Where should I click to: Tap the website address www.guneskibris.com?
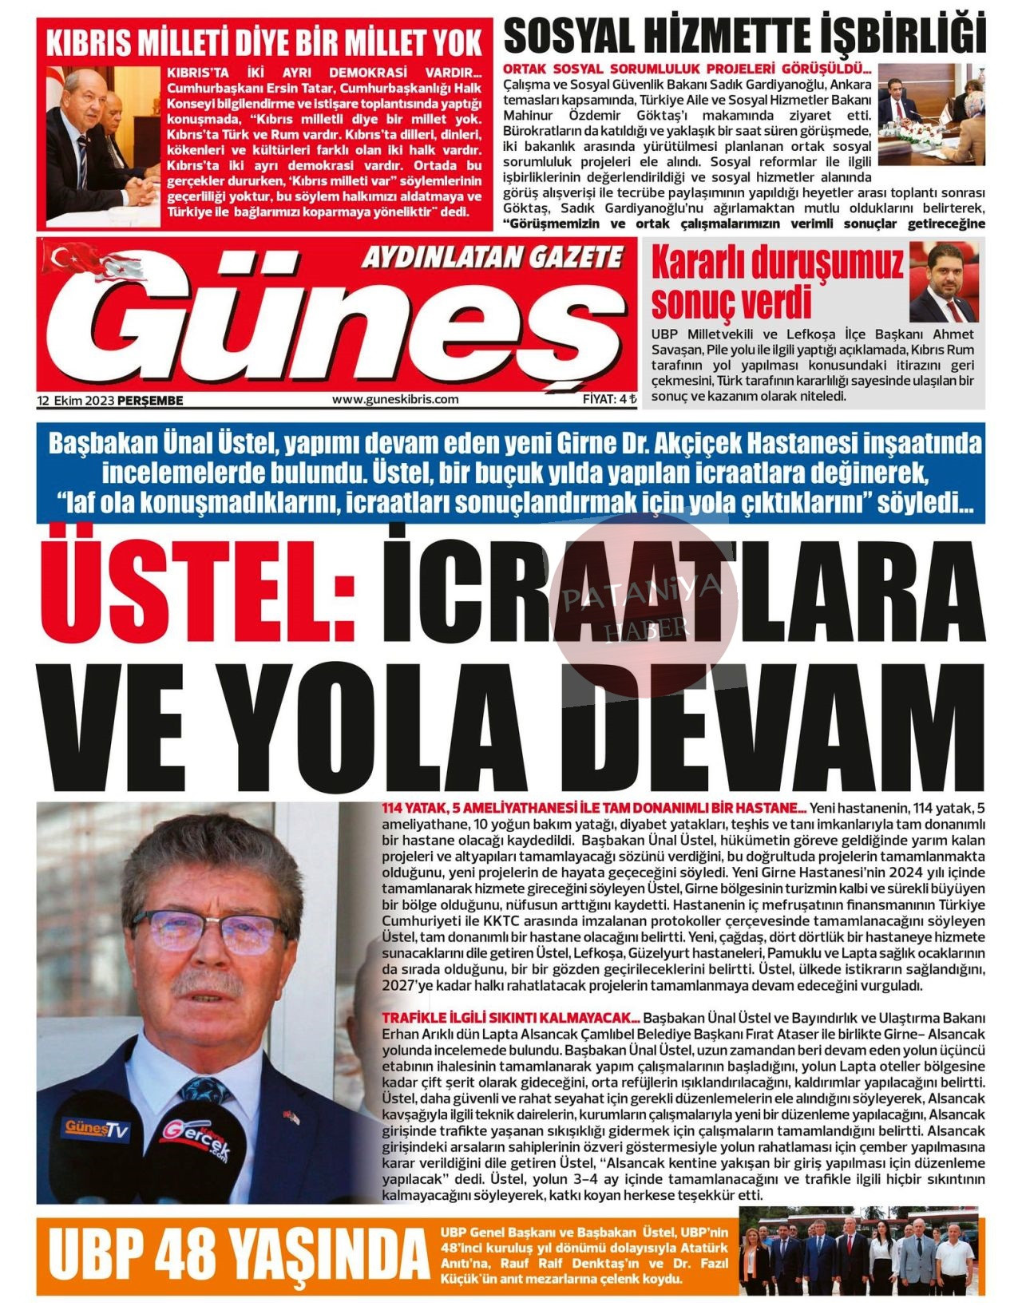[x=395, y=399]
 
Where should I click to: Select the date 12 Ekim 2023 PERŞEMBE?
[x=110, y=400]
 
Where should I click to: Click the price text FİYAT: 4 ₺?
[x=609, y=399]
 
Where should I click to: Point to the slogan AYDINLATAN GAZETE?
[x=491, y=257]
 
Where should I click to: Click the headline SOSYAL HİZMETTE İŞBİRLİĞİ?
[x=744, y=35]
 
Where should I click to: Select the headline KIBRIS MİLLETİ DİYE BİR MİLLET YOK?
[x=263, y=42]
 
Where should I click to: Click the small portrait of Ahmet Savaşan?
[x=943, y=283]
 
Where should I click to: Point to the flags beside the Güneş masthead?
[x=94, y=262]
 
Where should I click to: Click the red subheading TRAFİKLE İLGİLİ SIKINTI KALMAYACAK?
[x=511, y=1018]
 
